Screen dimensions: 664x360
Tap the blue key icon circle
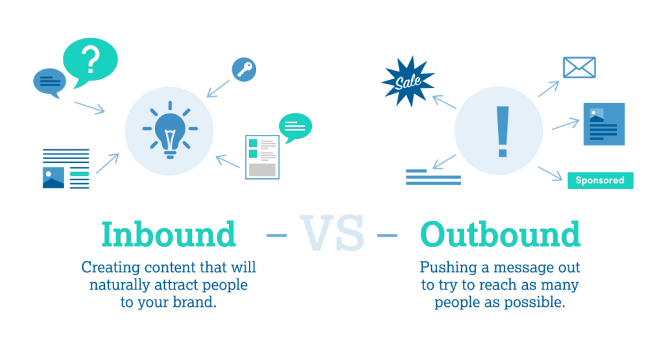click(x=244, y=69)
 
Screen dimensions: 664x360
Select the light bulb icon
click(x=170, y=130)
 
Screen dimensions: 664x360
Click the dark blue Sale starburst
click(x=408, y=81)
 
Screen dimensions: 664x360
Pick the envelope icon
click(x=579, y=67)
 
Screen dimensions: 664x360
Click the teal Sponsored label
click(x=600, y=180)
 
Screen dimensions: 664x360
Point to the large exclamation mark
click(x=503, y=132)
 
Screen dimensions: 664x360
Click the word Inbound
click(x=169, y=234)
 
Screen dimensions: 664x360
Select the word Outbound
click(x=500, y=234)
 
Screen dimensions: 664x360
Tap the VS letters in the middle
click(x=332, y=233)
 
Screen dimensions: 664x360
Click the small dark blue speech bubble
click(x=49, y=82)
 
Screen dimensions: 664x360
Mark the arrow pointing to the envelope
click(x=549, y=89)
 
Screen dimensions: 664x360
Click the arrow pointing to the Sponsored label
click(x=550, y=174)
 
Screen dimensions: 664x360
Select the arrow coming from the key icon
click(x=218, y=89)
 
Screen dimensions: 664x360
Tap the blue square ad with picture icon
click(x=604, y=124)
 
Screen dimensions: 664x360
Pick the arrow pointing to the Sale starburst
click(x=444, y=102)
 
